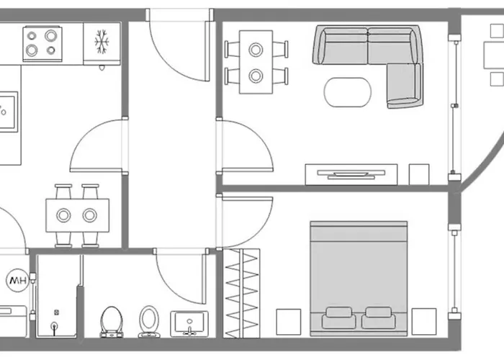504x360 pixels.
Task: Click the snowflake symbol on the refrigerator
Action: click(x=102, y=42)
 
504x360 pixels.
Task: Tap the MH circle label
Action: click(x=18, y=280)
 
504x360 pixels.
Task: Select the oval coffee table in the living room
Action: click(x=348, y=92)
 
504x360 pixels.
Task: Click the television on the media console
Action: click(x=351, y=174)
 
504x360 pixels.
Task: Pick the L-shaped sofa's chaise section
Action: click(x=404, y=86)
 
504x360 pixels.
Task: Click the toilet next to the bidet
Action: click(x=112, y=321)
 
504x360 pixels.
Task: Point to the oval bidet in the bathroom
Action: click(x=149, y=321)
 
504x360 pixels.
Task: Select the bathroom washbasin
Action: click(x=189, y=323)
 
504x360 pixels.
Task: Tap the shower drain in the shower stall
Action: click(x=55, y=326)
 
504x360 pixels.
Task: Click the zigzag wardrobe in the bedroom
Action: click(x=242, y=293)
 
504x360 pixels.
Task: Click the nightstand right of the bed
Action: click(x=424, y=321)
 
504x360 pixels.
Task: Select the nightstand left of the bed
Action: click(x=289, y=322)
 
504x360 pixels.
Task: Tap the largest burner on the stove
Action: click(x=51, y=36)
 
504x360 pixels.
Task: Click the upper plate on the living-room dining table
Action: click(x=256, y=50)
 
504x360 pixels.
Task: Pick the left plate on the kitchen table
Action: click(x=63, y=215)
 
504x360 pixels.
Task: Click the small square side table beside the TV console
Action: click(x=419, y=174)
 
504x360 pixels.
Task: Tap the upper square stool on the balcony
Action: click(x=497, y=31)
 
